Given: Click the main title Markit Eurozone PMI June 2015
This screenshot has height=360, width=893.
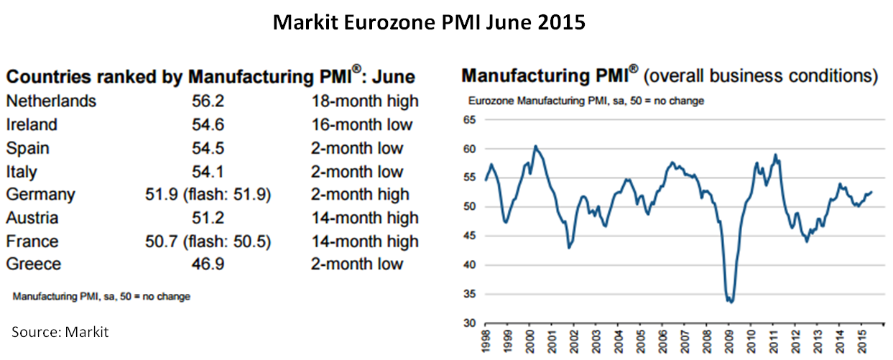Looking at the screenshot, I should (x=429, y=22).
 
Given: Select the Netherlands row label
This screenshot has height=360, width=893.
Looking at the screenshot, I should (x=50, y=101).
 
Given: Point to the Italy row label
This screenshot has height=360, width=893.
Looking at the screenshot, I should (x=22, y=172).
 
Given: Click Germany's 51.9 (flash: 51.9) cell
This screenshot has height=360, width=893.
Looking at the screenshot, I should (x=208, y=195).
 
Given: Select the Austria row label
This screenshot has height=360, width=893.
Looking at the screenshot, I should (x=32, y=218).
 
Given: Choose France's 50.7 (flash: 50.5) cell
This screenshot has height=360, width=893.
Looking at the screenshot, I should (x=208, y=241).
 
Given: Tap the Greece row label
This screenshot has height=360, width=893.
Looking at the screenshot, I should (x=33, y=264).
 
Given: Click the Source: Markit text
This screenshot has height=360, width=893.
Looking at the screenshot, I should (x=60, y=331).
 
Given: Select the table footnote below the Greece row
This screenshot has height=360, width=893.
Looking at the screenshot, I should (x=101, y=295).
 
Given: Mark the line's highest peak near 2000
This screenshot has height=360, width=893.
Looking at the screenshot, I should (x=535, y=146).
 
